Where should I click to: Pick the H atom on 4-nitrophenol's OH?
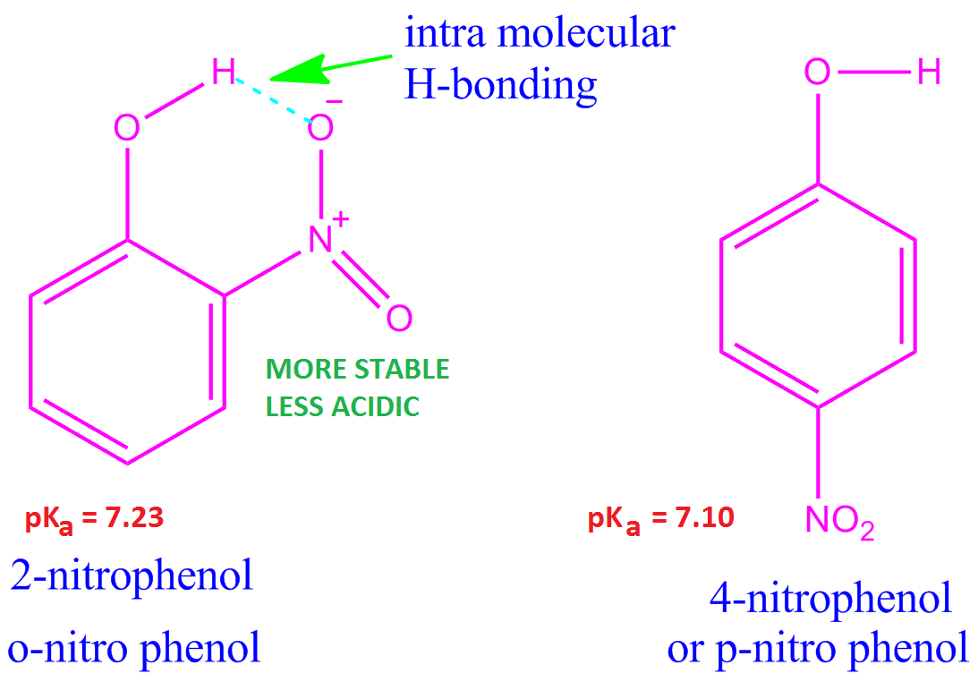click(x=929, y=72)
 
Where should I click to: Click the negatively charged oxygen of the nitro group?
click(x=320, y=128)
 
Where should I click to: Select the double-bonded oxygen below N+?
click(x=399, y=317)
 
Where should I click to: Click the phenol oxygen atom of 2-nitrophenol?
click(x=127, y=128)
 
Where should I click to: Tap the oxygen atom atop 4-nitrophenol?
click(x=817, y=72)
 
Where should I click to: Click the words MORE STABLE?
click(x=357, y=369)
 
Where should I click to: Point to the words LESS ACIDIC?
click(x=343, y=406)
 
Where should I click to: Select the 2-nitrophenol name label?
click(x=132, y=575)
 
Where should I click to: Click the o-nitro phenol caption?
click(x=134, y=646)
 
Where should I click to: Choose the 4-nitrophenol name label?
click(x=830, y=598)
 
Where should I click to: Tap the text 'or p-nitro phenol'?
click(x=818, y=647)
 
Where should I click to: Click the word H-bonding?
click(x=500, y=85)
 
